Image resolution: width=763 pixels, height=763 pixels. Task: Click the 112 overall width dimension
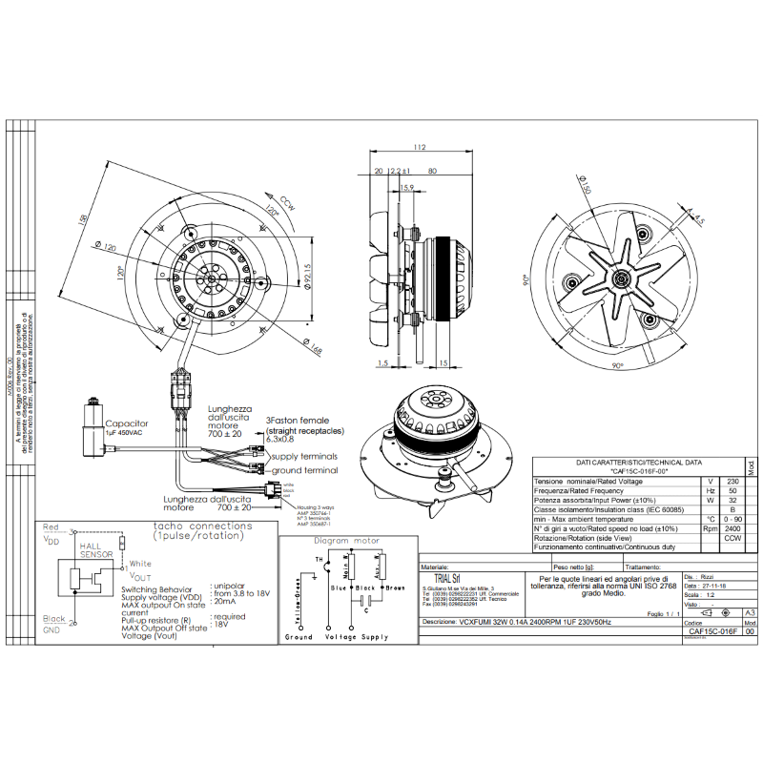pyautogui.click(x=418, y=148)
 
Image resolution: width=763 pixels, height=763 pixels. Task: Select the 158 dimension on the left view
pyautogui.click(x=85, y=219)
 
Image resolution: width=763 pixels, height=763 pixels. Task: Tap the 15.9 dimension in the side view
pyautogui.click(x=406, y=188)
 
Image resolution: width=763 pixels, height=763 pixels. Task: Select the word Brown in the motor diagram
pyautogui.click(x=395, y=588)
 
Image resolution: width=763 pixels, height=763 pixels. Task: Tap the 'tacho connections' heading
pyautogui.click(x=196, y=526)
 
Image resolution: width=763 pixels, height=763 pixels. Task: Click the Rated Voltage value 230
pyautogui.click(x=732, y=482)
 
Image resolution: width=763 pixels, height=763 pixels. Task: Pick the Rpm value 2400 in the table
pyautogui.click(x=732, y=527)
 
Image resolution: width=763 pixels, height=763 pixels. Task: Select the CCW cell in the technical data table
pyautogui.click(x=732, y=538)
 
